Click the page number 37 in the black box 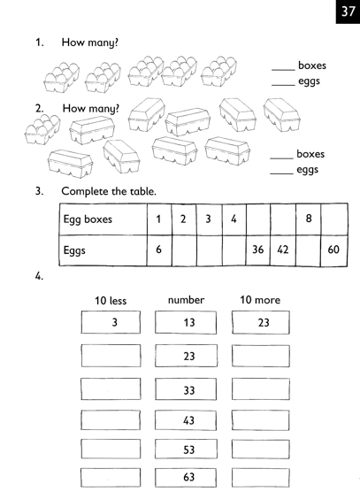(x=349, y=12)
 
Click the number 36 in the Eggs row (x=257, y=250)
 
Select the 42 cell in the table (x=283, y=250)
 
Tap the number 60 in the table (x=333, y=250)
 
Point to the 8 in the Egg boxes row (x=309, y=219)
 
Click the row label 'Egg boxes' (x=88, y=219)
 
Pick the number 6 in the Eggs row (x=158, y=250)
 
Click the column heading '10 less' (x=111, y=301)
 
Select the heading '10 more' (x=260, y=300)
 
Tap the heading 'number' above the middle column (x=186, y=300)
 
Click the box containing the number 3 (x=111, y=322)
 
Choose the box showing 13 (x=186, y=323)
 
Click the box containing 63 (x=186, y=478)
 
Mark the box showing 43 (x=186, y=420)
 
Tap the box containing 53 (x=186, y=450)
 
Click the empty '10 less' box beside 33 (x=111, y=389)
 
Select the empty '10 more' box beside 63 (x=261, y=478)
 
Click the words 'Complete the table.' (x=109, y=191)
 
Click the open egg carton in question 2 (x=42, y=129)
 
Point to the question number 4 (x=39, y=276)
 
